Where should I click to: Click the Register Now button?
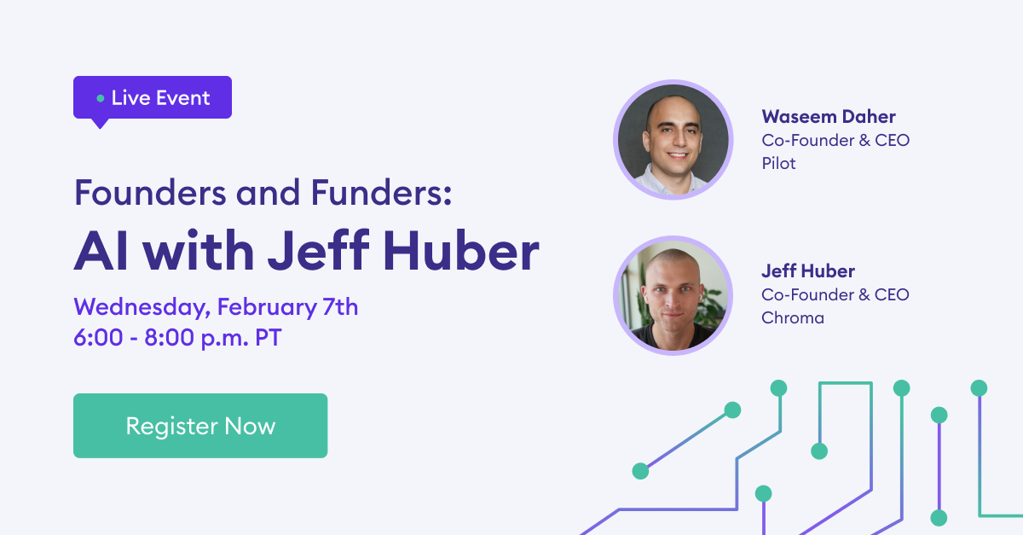pos(200,426)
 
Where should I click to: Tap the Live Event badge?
pos(153,97)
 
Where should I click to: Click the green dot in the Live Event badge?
pos(101,98)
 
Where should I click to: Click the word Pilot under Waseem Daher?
pos(778,163)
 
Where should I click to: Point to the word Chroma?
pos(793,318)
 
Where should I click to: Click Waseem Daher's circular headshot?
pos(673,140)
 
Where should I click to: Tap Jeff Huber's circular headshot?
pos(673,295)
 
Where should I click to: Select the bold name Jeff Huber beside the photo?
pos(807,272)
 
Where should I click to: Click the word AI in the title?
pos(95,250)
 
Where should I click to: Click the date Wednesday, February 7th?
pos(216,306)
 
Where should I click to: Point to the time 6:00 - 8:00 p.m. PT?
pos(177,337)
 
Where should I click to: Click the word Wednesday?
pos(141,306)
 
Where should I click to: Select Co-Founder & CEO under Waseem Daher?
pos(835,140)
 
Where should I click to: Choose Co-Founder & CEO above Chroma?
pos(835,295)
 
